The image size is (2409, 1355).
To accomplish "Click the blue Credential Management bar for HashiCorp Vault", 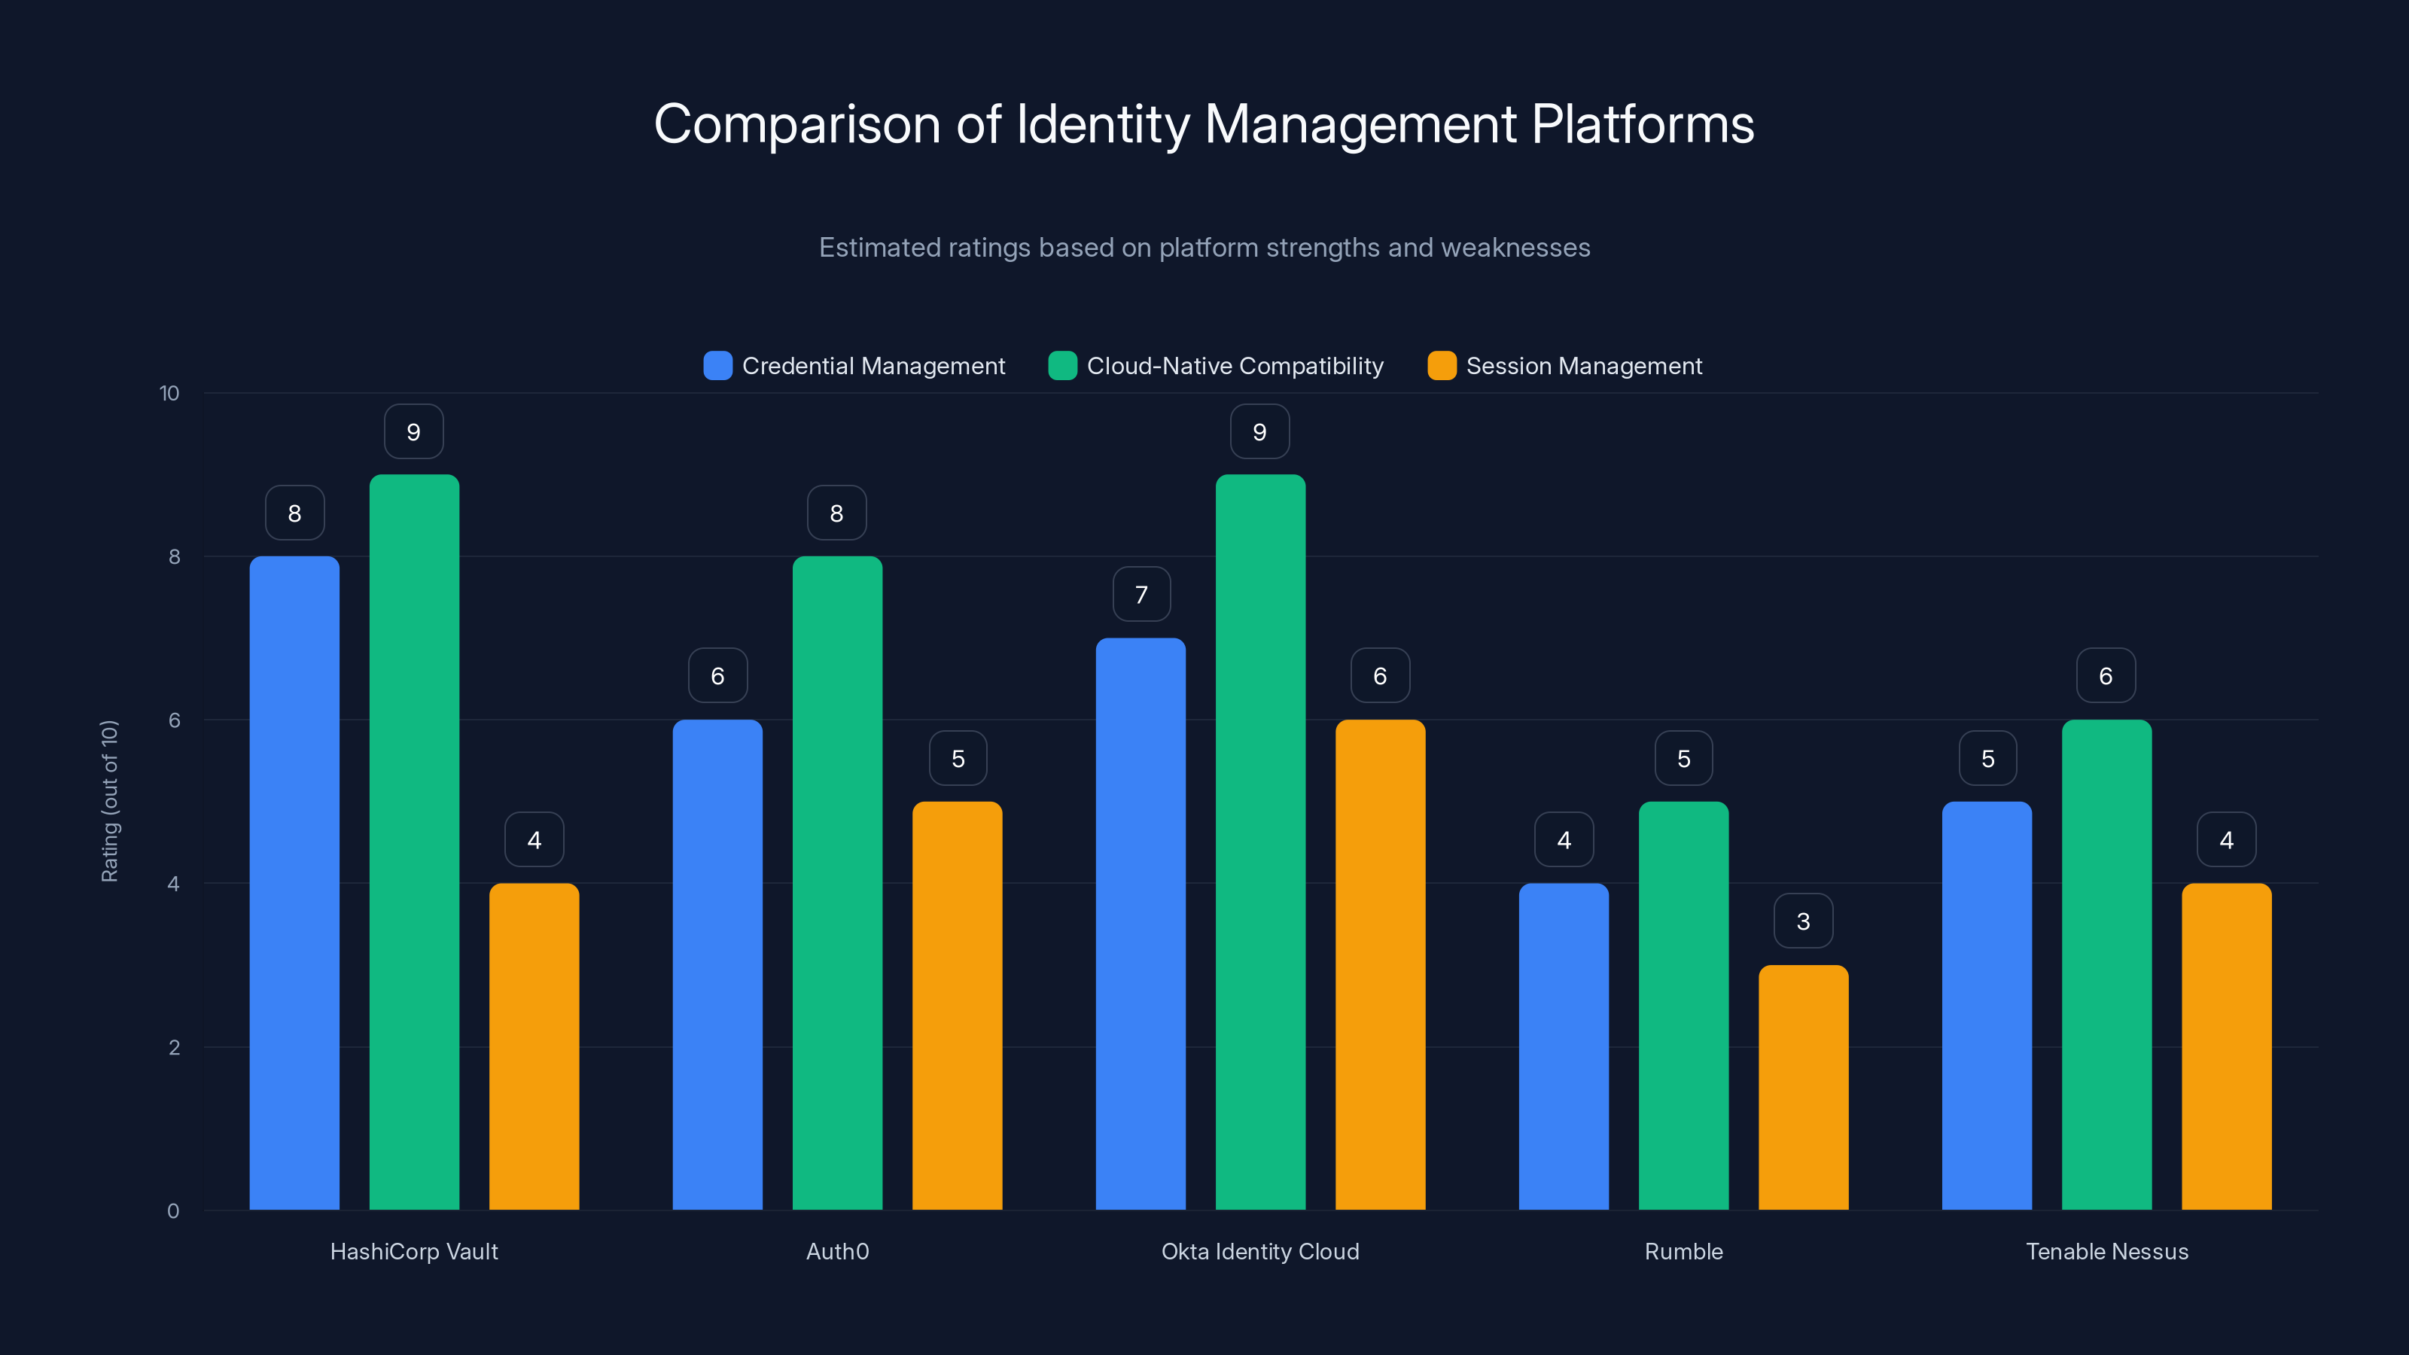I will (x=294, y=883).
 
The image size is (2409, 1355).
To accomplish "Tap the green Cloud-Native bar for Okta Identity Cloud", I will (x=1259, y=842).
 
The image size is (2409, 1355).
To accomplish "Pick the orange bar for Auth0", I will (x=957, y=1005).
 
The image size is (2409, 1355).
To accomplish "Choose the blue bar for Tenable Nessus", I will (x=1987, y=1005).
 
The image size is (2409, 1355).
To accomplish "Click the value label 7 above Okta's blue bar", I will (x=1141, y=594).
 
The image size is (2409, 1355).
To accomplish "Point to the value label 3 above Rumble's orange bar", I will (x=1803, y=921).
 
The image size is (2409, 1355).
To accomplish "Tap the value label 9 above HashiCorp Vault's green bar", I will (x=413, y=431).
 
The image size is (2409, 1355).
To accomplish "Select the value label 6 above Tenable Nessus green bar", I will (x=2105, y=675).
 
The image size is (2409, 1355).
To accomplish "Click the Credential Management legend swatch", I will (x=717, y=366).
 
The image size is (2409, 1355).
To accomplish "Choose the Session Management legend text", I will (x=1583, y=366).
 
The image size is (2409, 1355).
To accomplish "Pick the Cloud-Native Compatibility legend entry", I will (x=1235, y=366).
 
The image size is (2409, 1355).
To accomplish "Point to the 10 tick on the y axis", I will (x=169, y=393).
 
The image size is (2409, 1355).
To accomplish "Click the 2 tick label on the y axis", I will (x=174, y=1047).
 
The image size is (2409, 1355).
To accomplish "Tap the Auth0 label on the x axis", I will (x=837, y=1251).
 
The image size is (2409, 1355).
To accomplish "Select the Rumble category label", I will (x=1683, y=1251).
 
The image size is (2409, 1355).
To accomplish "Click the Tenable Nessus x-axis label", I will (x=2106, y=1251).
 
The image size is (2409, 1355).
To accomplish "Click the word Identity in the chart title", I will (x=1103, y=124).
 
